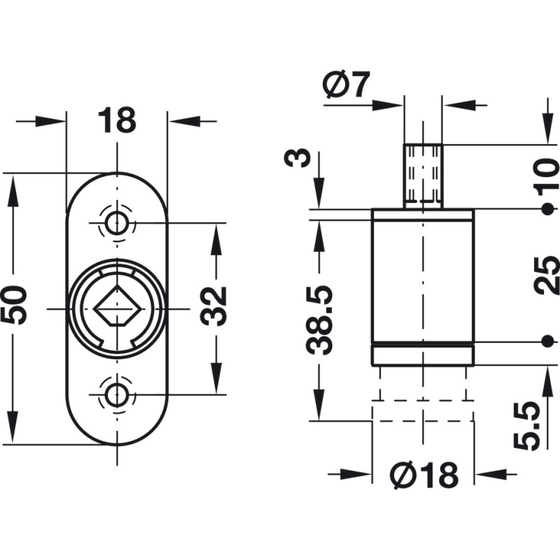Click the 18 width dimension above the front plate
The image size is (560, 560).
coord(117,120)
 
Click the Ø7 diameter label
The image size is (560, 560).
coord(346,85)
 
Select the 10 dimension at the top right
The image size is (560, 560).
coord(545,176)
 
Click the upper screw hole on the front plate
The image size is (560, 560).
coord(117,223)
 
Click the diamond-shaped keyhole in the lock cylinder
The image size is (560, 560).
coord(116,309)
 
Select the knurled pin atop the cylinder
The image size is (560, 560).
coord(423,176)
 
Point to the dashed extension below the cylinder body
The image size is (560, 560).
coord(423,399)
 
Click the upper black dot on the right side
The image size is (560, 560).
coord(546,210)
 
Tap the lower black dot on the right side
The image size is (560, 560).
coord(546,341)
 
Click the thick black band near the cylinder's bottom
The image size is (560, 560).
coord(423,345)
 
